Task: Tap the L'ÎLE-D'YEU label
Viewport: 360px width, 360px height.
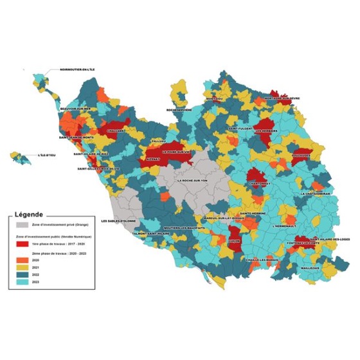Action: click(47, 155)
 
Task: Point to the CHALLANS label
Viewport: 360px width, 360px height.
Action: click(116, 130)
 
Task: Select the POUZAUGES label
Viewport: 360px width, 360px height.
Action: click(300, 155)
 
